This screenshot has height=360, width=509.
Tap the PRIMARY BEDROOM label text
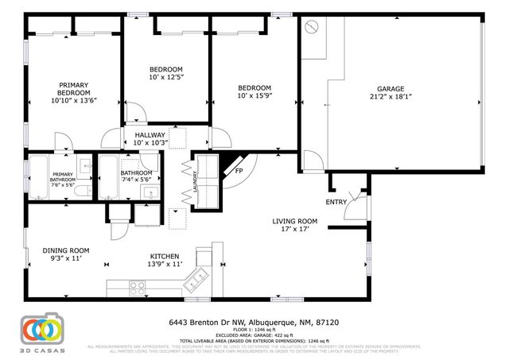pos(72,88)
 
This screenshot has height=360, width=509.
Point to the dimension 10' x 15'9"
pos(255,96)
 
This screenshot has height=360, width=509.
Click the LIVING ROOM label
pos(295,222)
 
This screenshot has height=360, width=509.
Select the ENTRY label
pos(336,202)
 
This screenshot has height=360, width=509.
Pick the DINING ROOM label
pos(66,250)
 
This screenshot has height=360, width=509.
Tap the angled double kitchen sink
pos(193,280)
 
